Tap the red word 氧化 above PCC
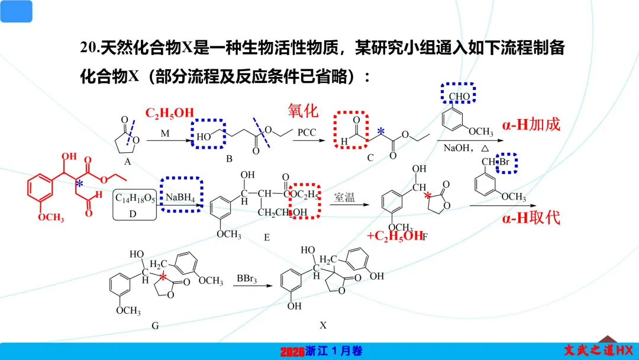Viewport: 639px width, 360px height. [x=303, y=110]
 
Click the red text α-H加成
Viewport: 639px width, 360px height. [x=531, y=126]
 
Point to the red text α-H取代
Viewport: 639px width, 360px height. [x=531, y=218]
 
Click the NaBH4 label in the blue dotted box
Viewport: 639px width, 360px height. [x=182, y=197]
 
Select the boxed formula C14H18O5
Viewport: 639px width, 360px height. [x=135, y=198]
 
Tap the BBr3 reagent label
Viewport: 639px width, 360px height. [x=247, y=278]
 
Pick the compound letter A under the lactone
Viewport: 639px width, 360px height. [x=128, y=160]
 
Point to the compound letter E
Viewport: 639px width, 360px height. [x=266, y=237]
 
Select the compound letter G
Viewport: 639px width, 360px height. [x=155, y=325]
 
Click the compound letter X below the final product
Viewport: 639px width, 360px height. [x=323, y=324]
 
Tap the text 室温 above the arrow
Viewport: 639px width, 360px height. [x=344, y=197]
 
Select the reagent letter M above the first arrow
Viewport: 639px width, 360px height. [x=165, y=134]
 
